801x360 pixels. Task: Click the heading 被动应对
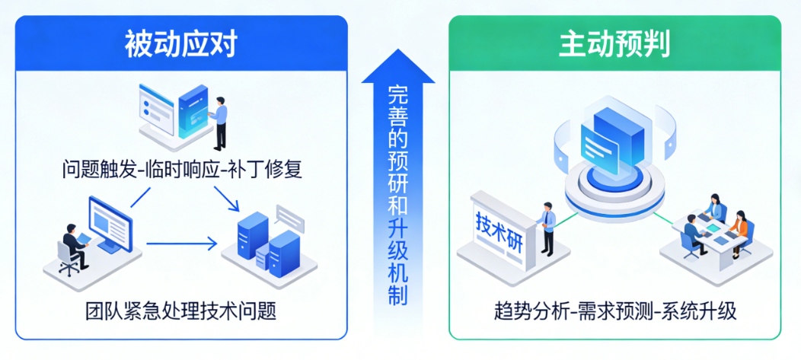[x=181, y=45]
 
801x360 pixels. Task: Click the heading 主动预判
[x=614, y=45]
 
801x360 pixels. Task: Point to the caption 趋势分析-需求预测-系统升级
[x=614, y=311]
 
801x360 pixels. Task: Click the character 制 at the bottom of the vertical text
[x=397, y=295]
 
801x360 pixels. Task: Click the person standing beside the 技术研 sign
[x=547, y=227]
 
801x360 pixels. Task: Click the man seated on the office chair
[x=74, y=245]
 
